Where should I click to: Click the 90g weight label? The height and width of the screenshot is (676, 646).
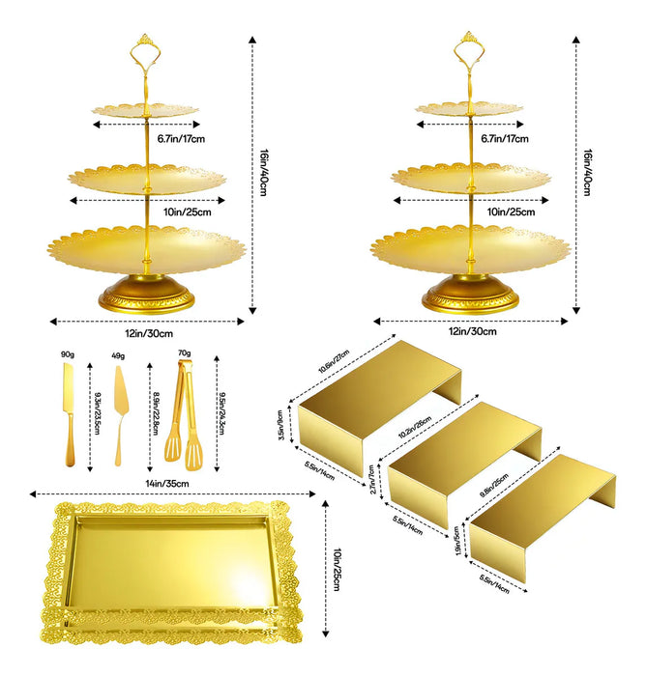click(x=68, y=353)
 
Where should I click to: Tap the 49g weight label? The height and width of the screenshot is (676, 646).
click(x=119, y=357)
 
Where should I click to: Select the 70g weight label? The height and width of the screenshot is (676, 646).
click(x=183, y=353)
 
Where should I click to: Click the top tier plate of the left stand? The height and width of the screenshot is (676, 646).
click(x=146, y=110)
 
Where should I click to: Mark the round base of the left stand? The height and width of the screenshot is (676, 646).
click(x=146, y=293)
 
